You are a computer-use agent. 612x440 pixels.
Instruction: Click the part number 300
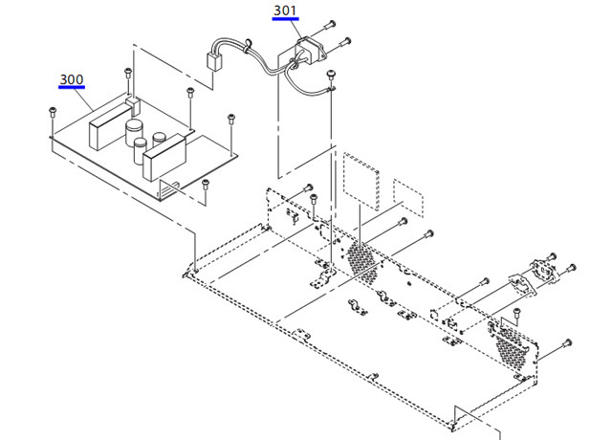[71, 78]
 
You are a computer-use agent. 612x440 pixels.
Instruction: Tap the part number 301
[285, 11]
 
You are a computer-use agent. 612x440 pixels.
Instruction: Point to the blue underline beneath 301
[285, 20]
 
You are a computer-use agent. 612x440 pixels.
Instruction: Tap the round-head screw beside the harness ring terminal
[331, 74]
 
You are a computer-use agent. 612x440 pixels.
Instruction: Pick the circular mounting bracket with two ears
[546, 270]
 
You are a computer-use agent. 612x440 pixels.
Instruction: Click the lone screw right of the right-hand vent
[568, 341]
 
